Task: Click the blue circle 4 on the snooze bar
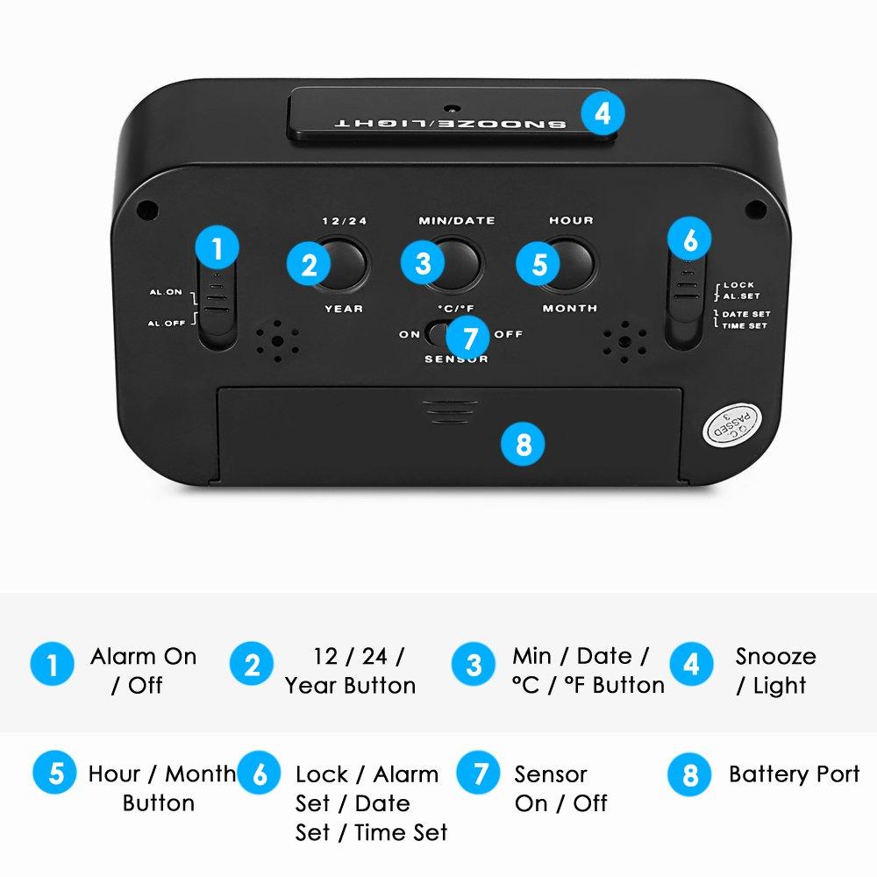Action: (x=602, y=113)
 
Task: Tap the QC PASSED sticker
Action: (x=732, y=424)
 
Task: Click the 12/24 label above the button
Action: (x=345, y=221)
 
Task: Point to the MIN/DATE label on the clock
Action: (x=457, y=220)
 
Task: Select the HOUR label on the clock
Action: (x=571, y=220)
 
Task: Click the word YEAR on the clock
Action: (x=344, y=309)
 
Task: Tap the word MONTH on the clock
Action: (x=570, y=308)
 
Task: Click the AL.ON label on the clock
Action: (x=166, y=292)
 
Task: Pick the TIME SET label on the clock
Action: (x=745, y=325)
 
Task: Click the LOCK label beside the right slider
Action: (x=738, y=285)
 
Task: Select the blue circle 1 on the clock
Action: (x=217, y=248)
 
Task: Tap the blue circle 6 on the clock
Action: (x=689, y=239)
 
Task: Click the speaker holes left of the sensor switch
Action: (x=277, y=340)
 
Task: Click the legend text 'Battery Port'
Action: (x=795, y=774)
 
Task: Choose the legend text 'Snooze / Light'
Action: (x=775, y=671)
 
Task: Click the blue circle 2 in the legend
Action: (x=252, y=664)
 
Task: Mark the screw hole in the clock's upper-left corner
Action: (x=147, y=210)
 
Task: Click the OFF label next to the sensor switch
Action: (x=509, y=334)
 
